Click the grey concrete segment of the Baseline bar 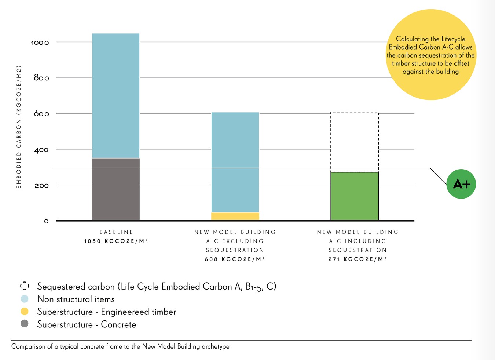point(115,189)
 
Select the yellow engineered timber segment point(235,216)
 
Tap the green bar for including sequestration point(355,196)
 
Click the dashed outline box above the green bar point(355,142)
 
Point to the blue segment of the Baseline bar point(115,95)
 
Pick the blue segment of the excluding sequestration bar point(235,162)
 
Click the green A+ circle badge point(461,184)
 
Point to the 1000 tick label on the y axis point(40,43)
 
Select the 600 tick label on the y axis point(41,114)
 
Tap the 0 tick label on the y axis point(46,221)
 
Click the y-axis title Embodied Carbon point(19,127)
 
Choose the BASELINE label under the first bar point(116,232)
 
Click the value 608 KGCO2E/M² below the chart point(235,259)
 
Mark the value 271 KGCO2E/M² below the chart point(357,259)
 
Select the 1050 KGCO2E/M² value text point(116,241)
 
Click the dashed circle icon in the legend point(25,286)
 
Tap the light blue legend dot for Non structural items point(25,299)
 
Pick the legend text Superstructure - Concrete point(87,324)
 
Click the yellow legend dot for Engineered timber point(25,312)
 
